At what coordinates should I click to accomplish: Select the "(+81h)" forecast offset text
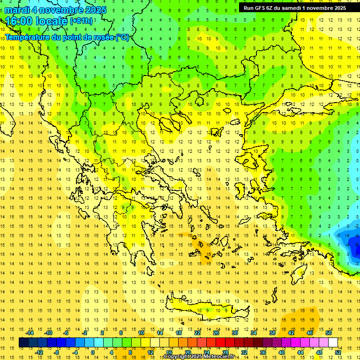point(81,21)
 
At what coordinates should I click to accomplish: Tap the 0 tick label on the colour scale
point(93,352)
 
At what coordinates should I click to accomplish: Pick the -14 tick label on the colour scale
point(30,333)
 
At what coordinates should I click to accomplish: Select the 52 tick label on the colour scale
point(338,352)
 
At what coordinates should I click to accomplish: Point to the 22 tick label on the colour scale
point(197,333)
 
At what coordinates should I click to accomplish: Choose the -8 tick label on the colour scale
point(57,352)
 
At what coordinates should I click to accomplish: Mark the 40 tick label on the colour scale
point(281,352)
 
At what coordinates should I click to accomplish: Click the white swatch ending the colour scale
point(333,343)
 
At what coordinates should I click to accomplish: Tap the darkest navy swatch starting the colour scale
point(23,343)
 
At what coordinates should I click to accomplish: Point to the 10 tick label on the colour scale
point(141,333)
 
